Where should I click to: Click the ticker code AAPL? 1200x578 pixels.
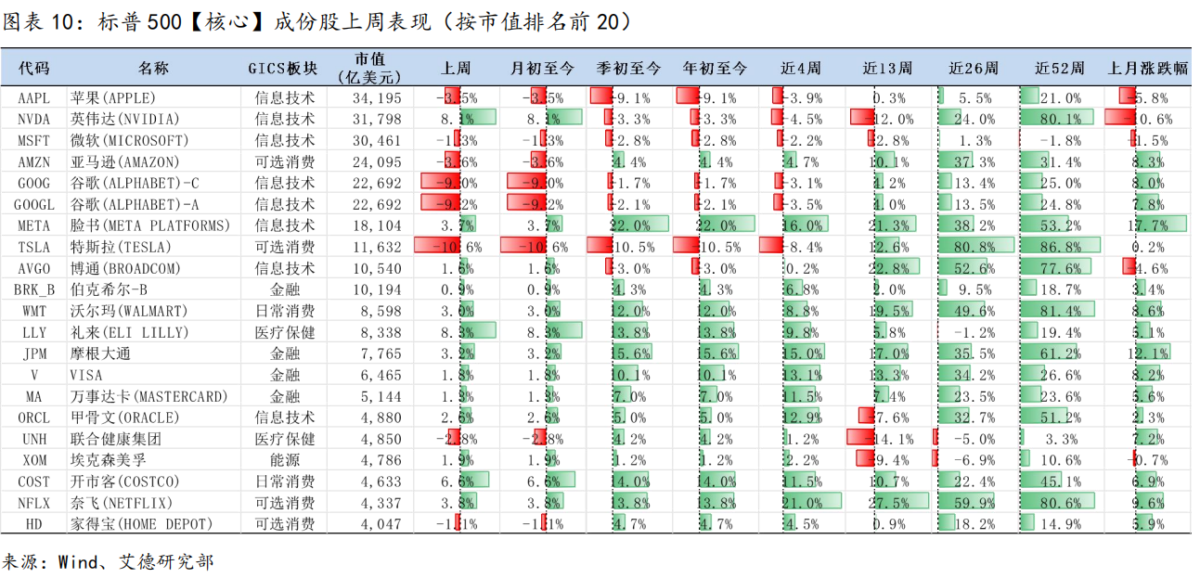pos(34,98)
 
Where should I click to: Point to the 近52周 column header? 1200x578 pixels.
pos(1059,69)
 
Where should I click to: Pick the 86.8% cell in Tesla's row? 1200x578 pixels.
pos(1061,248)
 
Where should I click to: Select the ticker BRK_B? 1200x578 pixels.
pos(34,290)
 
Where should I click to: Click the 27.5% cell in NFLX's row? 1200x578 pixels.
pos(888,503)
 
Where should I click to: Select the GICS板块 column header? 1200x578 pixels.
pos(283,69)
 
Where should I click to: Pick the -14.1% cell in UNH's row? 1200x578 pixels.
pos(888,439)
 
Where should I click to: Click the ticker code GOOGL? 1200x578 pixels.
pos(34,205)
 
